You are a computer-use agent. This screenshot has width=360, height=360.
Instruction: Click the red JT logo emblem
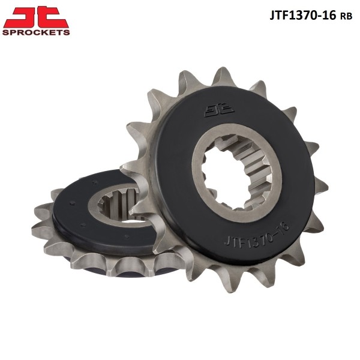[36, 17]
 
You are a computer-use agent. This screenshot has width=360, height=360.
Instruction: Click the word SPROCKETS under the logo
[36, 32]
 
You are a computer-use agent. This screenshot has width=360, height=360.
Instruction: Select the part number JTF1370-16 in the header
[302, 16]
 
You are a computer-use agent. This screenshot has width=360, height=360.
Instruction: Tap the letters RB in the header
[346, 16]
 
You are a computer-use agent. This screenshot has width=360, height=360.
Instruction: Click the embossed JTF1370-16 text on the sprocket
[256, 235]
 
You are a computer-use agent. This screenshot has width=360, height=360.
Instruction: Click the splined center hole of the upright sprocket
[236, 173]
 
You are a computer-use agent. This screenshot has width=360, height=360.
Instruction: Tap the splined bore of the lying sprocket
[118, 205]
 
